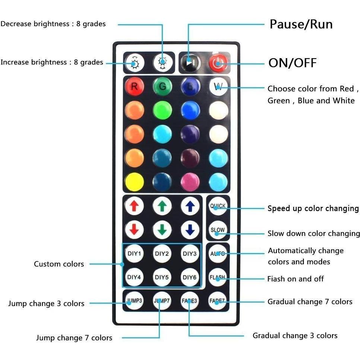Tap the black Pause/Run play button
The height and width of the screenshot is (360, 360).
point(190,63)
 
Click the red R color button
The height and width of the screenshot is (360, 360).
point(135,86)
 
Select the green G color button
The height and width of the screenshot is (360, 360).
point(162,86)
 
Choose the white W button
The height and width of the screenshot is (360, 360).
point(218,86)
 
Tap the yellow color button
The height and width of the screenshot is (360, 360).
point(135,182)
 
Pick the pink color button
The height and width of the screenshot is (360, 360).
point(190,182)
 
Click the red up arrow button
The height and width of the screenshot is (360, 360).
point(135,206)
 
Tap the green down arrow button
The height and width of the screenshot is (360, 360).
point(162,230)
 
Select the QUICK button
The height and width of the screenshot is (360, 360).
point(218,206)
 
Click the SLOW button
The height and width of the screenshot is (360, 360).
point(218,230)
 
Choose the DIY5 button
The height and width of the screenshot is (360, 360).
point(162,277)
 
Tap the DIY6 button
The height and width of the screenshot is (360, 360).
point(190,277)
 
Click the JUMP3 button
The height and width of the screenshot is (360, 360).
point(134,300)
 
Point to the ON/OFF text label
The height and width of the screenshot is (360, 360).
point(293,63)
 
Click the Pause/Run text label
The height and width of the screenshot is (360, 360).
point(301,24)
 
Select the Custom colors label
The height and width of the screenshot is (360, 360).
point(59,264)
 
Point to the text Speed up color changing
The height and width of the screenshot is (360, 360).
point(313,208)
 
